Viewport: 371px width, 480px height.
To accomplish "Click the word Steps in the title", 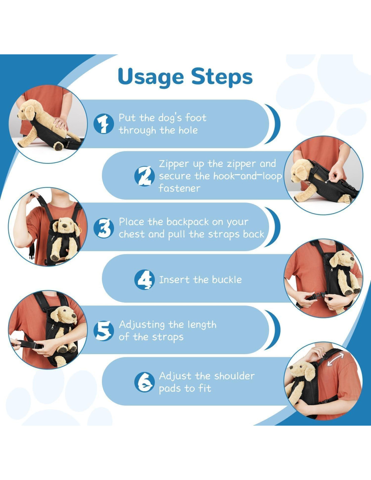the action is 222,76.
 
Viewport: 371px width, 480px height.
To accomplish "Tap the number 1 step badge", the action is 104,124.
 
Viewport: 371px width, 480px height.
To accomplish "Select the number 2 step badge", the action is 145,176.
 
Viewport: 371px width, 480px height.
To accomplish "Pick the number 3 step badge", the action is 104,228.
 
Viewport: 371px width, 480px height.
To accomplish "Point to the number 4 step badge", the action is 145,279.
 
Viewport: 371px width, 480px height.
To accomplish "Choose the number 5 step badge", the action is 104,331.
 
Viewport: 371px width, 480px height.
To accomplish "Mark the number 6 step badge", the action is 145,382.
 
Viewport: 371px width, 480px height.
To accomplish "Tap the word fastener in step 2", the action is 179,188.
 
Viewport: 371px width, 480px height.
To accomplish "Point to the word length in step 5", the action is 202,325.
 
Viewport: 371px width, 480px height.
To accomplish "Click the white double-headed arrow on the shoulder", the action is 336,359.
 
